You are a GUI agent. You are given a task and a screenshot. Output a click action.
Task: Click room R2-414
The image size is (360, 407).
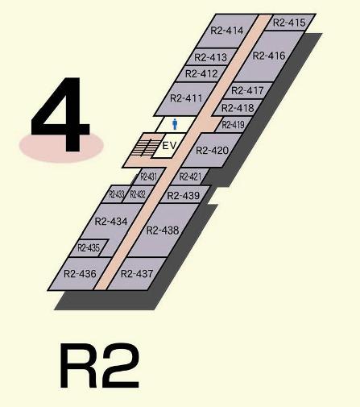click(226, 31)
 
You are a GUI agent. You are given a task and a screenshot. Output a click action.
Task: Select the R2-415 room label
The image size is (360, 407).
click(289, 23)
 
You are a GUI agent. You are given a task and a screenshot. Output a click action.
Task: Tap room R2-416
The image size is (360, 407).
click(269, 56)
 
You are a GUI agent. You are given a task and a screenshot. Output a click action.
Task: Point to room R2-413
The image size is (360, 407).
click(211, 57)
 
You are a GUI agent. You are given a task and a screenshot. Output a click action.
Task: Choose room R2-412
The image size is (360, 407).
click(201, 73)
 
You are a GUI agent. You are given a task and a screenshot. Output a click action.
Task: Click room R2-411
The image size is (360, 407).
click(186, 98)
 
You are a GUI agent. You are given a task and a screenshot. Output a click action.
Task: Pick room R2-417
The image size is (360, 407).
click(247, 90)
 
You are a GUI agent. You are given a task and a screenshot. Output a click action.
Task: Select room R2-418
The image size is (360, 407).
click(238, 108)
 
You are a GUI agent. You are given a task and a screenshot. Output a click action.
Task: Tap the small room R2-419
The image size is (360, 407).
click(233, 125)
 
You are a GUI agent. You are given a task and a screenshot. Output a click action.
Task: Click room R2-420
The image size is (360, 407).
click(212, 150)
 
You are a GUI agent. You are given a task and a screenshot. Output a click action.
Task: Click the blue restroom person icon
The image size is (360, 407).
click(175, 124)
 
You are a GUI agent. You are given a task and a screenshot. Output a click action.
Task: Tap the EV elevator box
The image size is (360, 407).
click(169, 145)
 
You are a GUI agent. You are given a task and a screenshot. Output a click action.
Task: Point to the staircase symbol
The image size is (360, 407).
click(145, 147)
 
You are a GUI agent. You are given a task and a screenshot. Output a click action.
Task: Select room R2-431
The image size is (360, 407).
click(148, 177)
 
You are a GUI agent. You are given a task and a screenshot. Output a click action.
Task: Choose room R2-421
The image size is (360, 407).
click(190, 177)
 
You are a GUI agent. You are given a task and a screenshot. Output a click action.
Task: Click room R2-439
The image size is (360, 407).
click(184, 195)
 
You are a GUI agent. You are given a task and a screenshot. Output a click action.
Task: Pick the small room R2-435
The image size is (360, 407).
click(89, 247)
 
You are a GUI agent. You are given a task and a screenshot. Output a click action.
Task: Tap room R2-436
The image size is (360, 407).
click(80, 274)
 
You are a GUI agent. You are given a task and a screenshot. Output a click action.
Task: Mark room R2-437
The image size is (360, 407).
click(137, 274)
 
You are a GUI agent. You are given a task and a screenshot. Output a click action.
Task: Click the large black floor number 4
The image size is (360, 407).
click(60, 114)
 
